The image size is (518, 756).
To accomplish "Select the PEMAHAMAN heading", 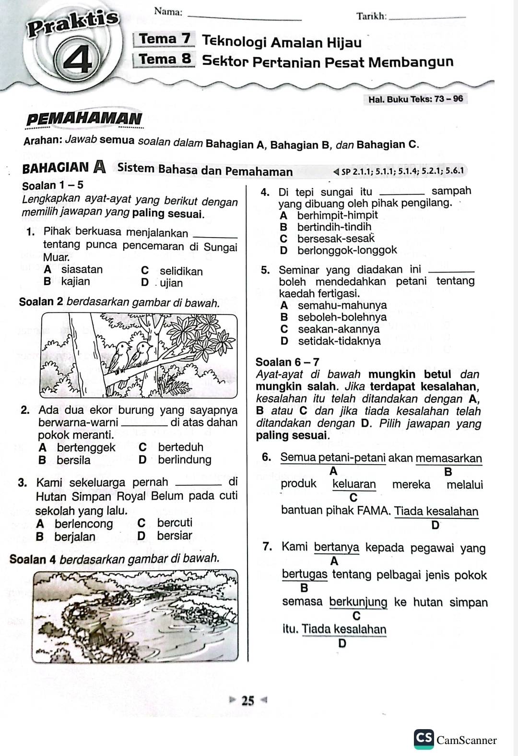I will coord(84,118).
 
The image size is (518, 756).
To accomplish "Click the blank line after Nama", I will coord(245,17).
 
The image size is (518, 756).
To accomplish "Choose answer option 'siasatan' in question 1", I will coord(82,269).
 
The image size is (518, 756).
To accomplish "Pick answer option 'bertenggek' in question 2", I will coord(86,447).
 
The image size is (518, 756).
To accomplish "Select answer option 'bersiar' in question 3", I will coord(174,535).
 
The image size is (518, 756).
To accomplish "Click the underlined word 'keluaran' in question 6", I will coord(354,484).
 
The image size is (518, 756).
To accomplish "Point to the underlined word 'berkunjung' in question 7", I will coord(358,602).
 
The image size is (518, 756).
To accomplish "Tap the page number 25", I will coord(248,700).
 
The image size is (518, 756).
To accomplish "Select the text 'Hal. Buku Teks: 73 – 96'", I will coord(415,99).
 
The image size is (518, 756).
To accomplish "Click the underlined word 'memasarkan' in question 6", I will coord(449,458).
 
